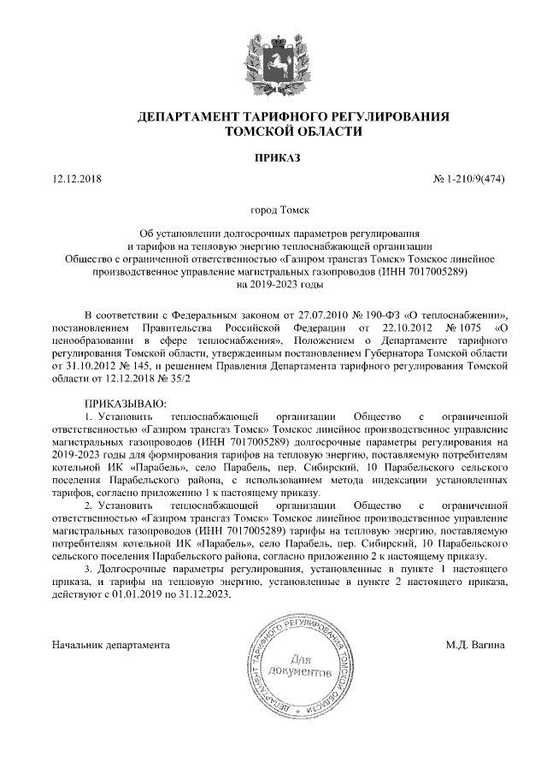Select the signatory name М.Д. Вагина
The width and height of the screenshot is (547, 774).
coord(475,643)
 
